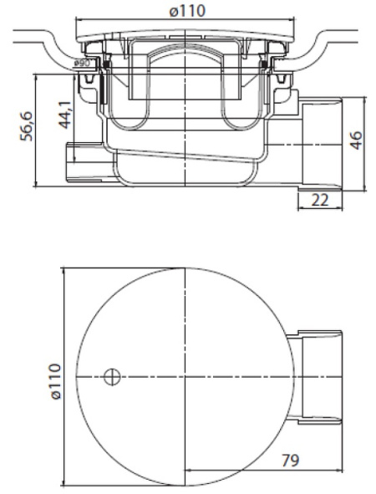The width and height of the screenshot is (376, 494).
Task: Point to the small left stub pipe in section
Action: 84,160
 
